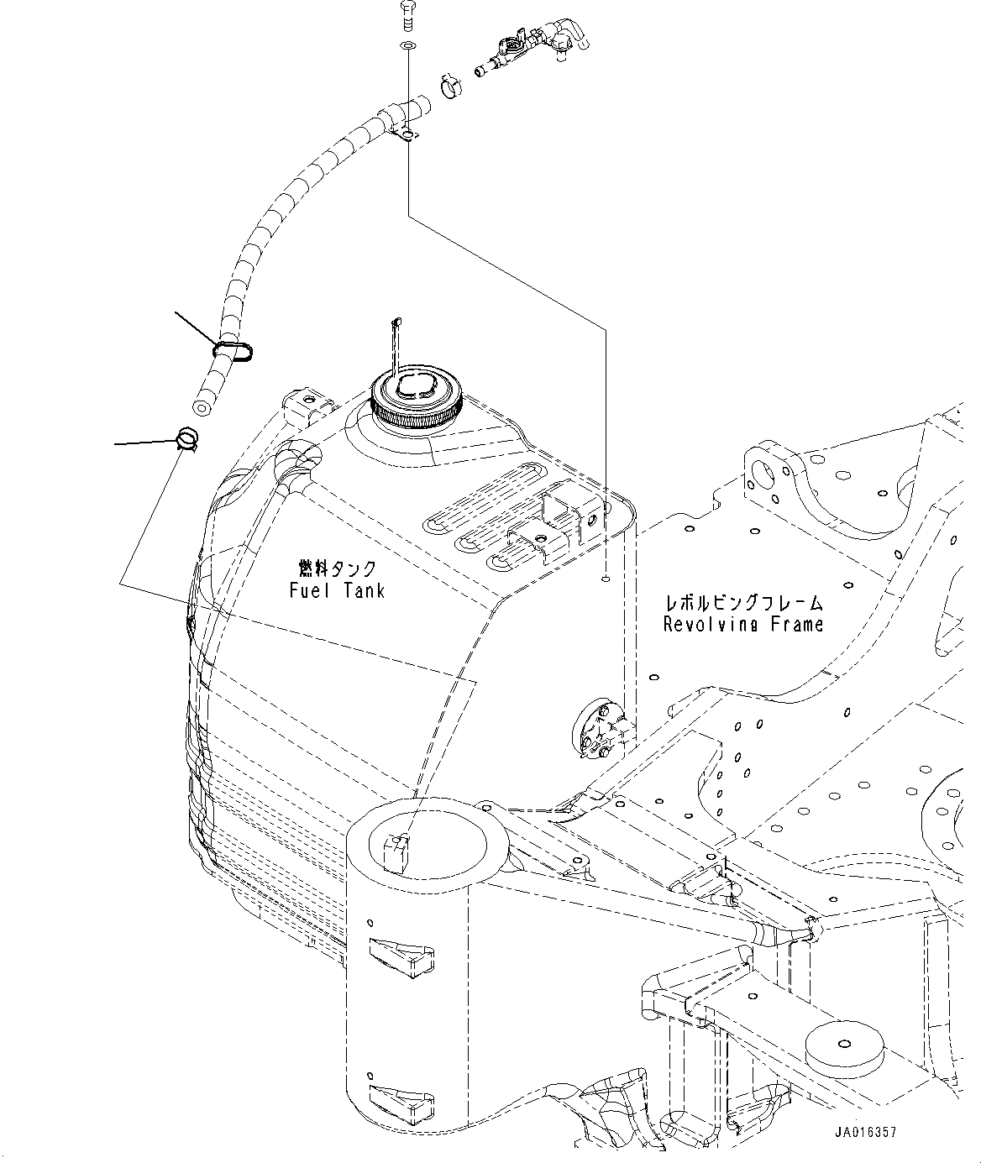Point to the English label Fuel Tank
pyautogui.click(x=337, y=590)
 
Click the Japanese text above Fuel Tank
pyautogui.click(x=337, y=569)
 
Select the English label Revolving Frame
pyautogui.click(x=743, y=624)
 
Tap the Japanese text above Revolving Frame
pyautogui.click(x=743, y=603)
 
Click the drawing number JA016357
pyautogui.click(x=865, y=1133)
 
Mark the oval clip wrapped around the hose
pyautogui.click(x=234, y=350)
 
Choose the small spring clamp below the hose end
pyautogui.click(x=187, y=438)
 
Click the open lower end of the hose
pyautogui.click(x=201, y=408)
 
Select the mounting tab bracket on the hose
pyautogui.click(x=406, y=134)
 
